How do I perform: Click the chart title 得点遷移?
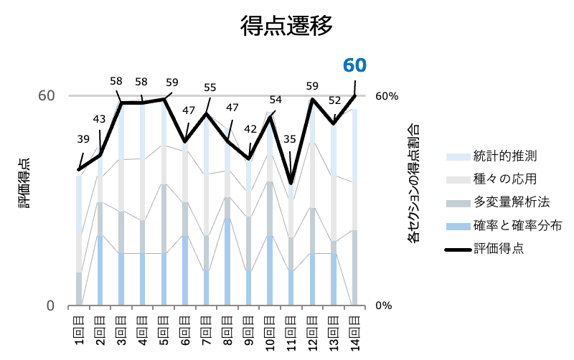(x=286, y=27)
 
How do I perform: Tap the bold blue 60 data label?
(x=354, y=65)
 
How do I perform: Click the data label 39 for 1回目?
(x=84, y=139)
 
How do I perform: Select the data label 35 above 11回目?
(x=290, y=139)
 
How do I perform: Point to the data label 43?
(x=99, y=119)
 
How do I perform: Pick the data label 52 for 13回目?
(x=334, y=100)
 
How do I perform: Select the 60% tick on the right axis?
(x=386, y=96)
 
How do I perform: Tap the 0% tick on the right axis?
(x=383, y=305)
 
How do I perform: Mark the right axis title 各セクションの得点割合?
(x=414, y=184)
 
